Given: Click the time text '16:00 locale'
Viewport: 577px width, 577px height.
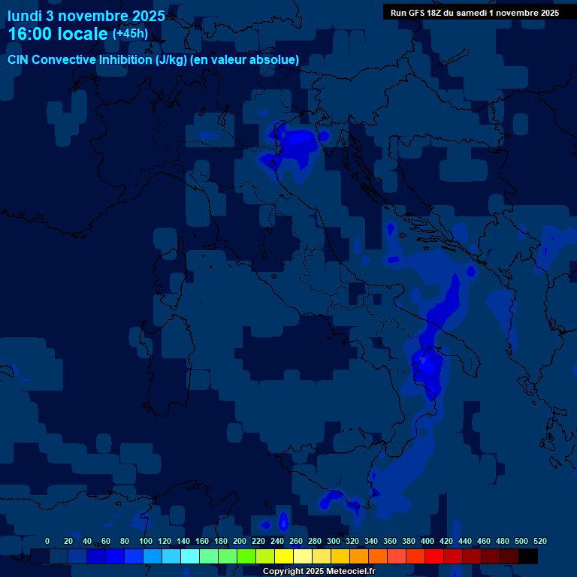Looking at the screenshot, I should coord(58,34).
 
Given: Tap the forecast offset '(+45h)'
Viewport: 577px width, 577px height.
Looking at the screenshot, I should coord(130,34).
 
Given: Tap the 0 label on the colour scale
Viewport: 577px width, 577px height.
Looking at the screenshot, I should coord(47,541).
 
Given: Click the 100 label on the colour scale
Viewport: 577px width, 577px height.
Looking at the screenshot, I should coord(145,541).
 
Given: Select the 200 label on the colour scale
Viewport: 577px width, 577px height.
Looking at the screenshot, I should coord(240,541).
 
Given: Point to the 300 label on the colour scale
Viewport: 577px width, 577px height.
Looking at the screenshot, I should coord(334,541).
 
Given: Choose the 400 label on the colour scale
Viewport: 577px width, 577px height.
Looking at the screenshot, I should coord(427,541).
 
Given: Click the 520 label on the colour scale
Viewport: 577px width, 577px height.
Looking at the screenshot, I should coord(539,541).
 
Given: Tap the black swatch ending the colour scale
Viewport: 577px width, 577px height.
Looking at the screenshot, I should coord(528,556).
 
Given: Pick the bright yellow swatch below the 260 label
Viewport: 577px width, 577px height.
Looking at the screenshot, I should coord(284,556).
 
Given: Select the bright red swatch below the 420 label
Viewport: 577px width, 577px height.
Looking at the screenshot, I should coord(434,556).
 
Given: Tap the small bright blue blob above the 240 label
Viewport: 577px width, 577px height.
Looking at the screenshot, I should coord(283,520).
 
